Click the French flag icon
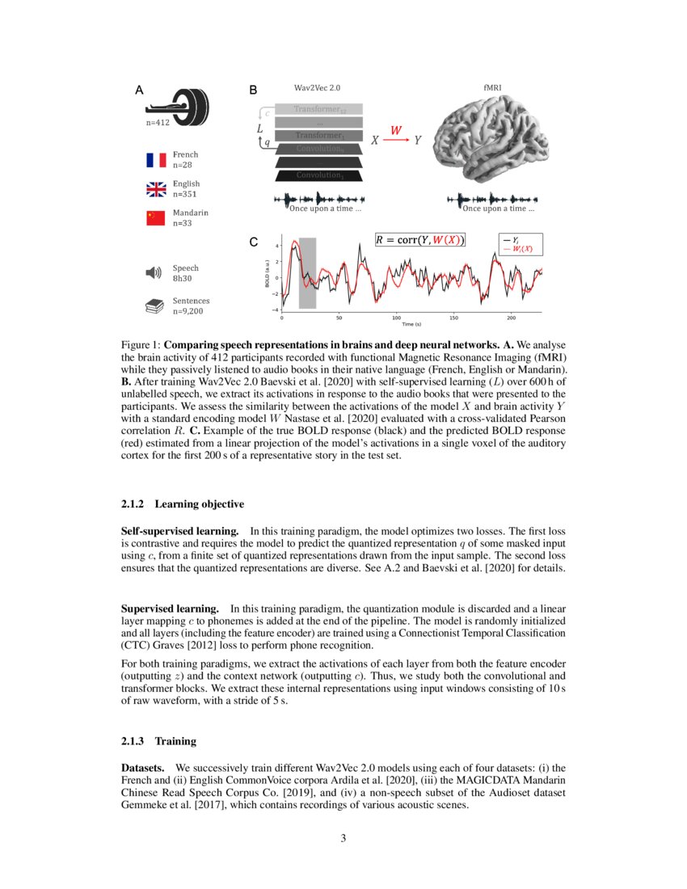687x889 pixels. click(x=155, y=158)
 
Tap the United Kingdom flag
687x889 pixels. click(x=155, y=188)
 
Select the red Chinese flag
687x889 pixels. click(x=155, y=218)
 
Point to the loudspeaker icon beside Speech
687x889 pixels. click(x=154, y=272)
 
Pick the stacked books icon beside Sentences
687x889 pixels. click(x=154, y=305)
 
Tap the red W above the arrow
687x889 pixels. click(x=396, y=130)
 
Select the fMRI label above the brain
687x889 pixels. click(x=492, y=87)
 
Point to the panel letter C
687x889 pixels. click(x=253, y=242)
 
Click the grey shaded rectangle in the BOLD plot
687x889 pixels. click(x=307, y=273)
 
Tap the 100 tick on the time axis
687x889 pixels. click(x=396, y=318)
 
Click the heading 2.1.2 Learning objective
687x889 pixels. click(x=182, y=504)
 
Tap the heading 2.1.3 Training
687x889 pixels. click(x=158, y=740)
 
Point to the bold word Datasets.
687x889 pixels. click(x=145, y=766)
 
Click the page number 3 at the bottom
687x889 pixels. click(x=343, y=838)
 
